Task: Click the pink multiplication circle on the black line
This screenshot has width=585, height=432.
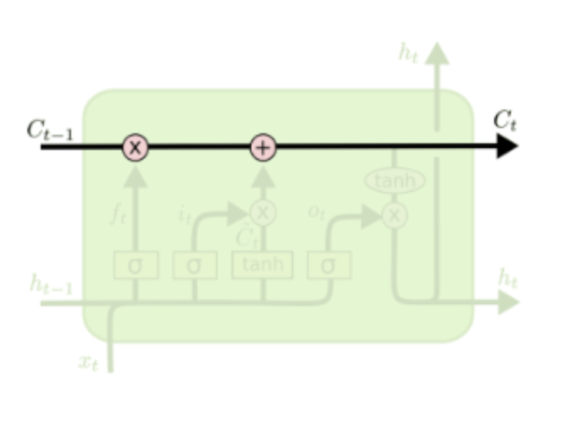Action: [136, 147]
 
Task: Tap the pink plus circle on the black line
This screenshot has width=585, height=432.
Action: [263, 147]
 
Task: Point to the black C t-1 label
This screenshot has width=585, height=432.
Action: [50, 129]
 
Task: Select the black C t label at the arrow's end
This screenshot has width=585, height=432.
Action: [505, 120]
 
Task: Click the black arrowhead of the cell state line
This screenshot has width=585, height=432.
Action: [507, 146]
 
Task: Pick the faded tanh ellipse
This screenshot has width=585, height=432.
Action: [395, 181]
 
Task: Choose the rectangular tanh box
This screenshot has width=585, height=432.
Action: [263, 265]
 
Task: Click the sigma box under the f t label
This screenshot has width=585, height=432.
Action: [136, 266]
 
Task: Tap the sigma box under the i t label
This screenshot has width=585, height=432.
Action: [194, 266]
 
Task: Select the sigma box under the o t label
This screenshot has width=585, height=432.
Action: [329, 266]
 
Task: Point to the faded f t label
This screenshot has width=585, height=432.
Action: [117, 214]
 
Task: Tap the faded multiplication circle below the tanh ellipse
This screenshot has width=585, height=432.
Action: [394, 215]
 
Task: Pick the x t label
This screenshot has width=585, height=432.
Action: [89, 362]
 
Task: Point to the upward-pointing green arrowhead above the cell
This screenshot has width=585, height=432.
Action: [437, 53]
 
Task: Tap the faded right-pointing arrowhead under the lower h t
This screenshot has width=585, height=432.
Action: [508, 303]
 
